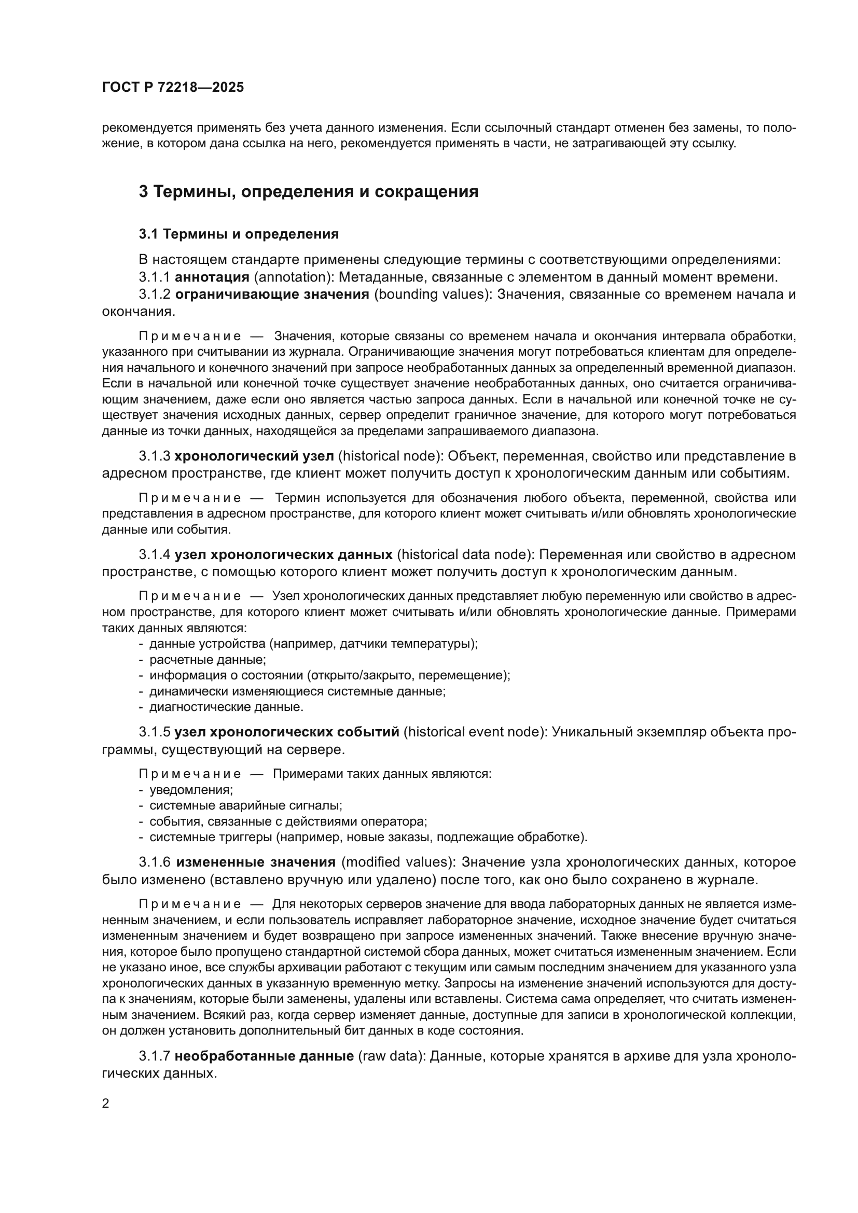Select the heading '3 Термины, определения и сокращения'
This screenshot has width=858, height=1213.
point(309,191)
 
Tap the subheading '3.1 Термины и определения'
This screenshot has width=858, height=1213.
point(239,234)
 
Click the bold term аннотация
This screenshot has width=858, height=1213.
point(212,277)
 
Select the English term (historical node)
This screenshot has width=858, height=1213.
point(390,456)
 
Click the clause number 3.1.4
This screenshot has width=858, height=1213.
point(154,555)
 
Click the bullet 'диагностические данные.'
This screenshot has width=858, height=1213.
point(226,707)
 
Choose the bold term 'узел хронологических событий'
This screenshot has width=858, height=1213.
point(287,732)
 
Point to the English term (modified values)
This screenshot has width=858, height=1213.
point(398,862)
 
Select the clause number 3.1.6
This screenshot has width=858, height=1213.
point(154,862)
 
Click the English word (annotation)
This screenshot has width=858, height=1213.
point(293,277)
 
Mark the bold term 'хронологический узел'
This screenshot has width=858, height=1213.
point(254,456)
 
